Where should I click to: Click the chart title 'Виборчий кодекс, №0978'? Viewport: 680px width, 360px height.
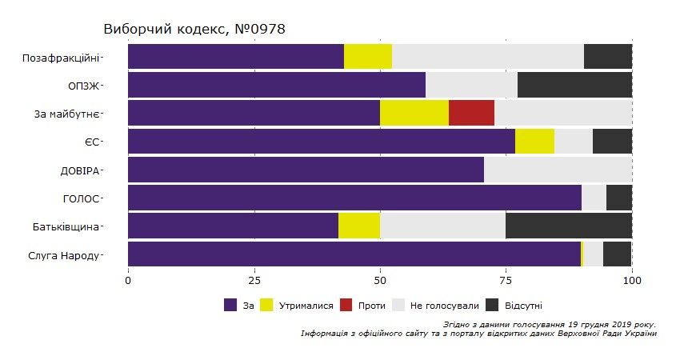coord(194,30)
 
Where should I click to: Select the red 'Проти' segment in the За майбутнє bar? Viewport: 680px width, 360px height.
coord(471,113)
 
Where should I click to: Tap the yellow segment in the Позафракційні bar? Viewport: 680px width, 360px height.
coord(368,57)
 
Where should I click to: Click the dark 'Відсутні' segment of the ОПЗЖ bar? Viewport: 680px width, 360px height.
coord(574,85)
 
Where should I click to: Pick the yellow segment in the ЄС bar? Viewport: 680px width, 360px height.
coord(534,141)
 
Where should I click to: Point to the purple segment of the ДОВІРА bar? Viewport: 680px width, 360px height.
coord(306,170)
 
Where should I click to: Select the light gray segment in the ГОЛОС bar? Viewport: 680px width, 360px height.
coord(594,198)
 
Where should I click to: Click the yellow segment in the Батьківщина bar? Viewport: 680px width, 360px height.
coord(359,226)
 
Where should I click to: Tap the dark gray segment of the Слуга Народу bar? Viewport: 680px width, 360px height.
coord(618,254)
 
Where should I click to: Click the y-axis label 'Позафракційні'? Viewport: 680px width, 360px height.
coord(62,58)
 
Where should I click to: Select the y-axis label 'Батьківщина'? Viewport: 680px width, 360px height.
coord(67,226)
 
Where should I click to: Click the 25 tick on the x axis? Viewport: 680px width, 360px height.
coord(254,281)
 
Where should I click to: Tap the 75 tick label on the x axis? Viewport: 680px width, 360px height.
coord(506,281)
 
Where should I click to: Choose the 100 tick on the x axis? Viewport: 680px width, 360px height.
coord(632,281)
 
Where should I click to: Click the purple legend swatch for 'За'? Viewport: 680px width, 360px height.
coord(230,305)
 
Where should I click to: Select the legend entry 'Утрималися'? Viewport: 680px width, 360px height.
coord(301,306)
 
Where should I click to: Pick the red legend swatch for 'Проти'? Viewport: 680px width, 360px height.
coord(346,305)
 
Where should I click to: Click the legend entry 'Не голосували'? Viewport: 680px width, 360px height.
coord(444,306)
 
